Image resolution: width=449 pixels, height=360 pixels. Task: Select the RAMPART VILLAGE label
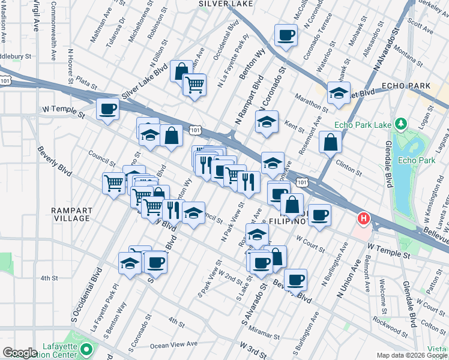(x=71, y=214)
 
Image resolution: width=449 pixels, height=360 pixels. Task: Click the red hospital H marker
(x=363, y=218)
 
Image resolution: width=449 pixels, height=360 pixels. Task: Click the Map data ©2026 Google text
(x=412, y=355)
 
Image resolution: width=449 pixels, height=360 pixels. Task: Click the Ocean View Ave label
(x=173, y=344)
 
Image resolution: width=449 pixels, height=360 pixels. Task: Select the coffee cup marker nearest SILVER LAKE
(x=286, y=35)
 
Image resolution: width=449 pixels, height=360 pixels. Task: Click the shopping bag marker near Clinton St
(x=330, y=142)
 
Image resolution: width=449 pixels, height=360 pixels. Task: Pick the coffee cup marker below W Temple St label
(x=107, y=109)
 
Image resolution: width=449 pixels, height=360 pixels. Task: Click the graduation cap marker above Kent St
(x=266, y=122)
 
